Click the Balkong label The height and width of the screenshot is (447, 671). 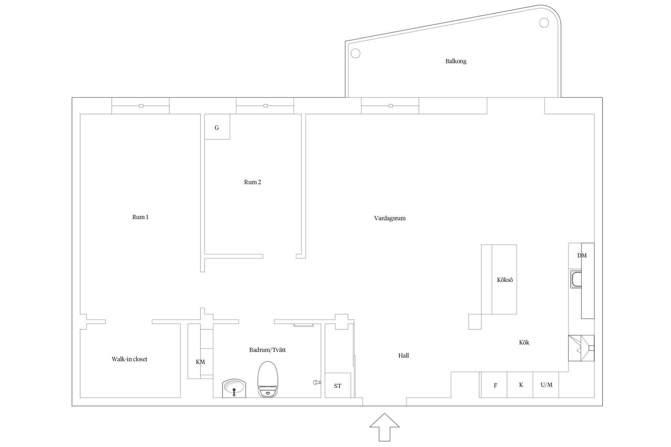(x=456, y=61)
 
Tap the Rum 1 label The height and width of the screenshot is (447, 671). (x=140, y=217)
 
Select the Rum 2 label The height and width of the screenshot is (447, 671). (x=252, y=182)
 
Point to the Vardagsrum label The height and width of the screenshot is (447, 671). (x=390, y=219)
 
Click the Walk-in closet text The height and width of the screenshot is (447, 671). (x=129, y=359)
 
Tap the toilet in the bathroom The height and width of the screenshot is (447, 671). (x=268, y=379)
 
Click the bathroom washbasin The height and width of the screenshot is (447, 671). (x=234, y=388)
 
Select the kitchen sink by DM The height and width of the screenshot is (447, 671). (x=576, y=279)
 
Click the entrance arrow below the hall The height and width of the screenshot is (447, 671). (x=384, y=427)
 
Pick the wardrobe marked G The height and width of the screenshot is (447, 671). (x=217, y=127)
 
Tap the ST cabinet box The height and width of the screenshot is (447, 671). (x=338, y=385)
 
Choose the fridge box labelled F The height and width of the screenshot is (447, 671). (x=494, y=385)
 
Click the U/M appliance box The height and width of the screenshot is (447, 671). (x=546, y=385)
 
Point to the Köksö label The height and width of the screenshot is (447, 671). (x=505, y=280)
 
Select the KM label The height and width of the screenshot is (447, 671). (x=200, y=362)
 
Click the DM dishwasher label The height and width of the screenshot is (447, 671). (x=582, y=256)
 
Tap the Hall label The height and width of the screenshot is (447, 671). (x=403, y=356)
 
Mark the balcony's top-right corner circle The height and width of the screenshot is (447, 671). (x=544, y=23)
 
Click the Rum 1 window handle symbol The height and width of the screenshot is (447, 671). (x=141, y=106)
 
